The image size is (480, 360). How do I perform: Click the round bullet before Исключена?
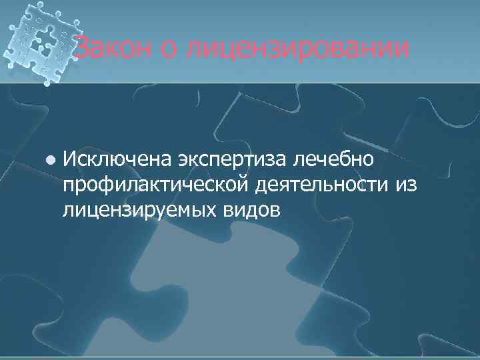point(49,160)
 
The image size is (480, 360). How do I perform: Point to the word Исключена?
point(117,160)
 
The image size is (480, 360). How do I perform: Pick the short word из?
point(407,185)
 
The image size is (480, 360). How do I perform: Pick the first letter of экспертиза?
point(183,160)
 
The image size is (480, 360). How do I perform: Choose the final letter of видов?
point(275,209)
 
